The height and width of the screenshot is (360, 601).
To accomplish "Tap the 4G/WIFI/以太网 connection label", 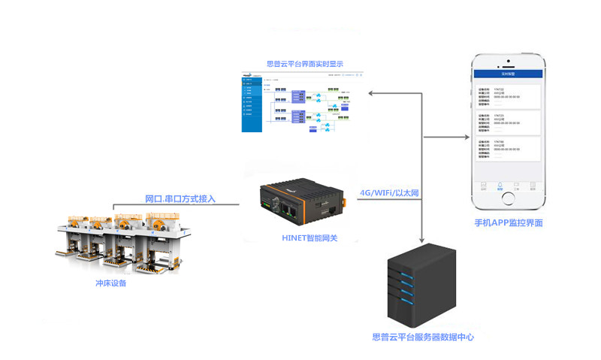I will tap(389, 193).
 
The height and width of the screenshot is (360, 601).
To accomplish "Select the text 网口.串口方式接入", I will tap(180, 199).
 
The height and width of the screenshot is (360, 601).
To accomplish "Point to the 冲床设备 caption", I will tap(111, 283).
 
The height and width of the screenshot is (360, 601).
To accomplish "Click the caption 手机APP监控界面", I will tap(509, 223).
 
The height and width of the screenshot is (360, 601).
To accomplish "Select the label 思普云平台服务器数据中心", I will tap(423, 337).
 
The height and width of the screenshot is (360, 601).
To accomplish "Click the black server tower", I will tap(422, 283).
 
